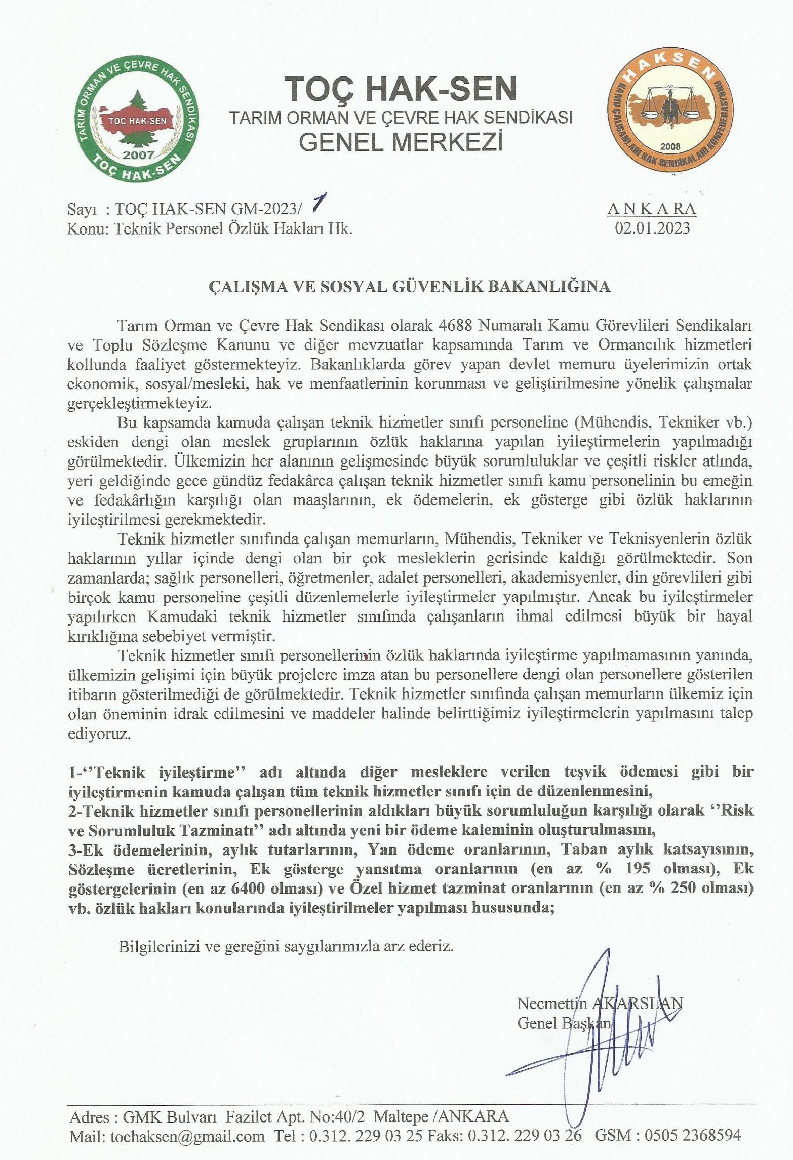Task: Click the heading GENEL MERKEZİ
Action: tap(401, 143)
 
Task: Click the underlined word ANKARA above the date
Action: tap(652, 209)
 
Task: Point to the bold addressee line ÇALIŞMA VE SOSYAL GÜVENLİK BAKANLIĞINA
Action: tap(410, 287)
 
